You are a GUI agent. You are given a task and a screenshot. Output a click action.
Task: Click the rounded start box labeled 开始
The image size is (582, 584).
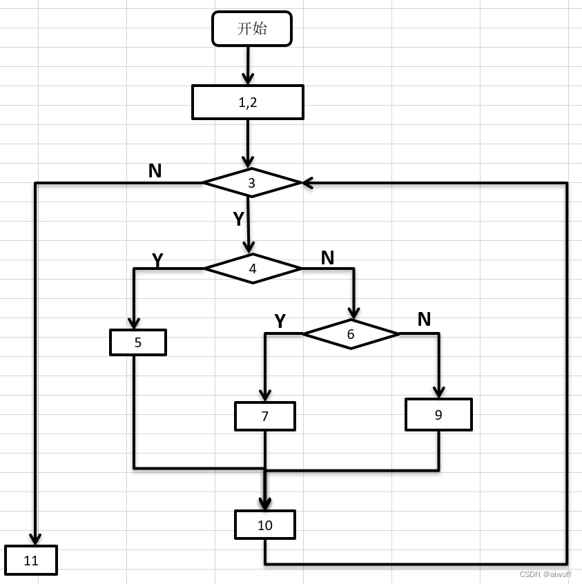252,29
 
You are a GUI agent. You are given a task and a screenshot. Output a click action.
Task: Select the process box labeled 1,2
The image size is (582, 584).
248,102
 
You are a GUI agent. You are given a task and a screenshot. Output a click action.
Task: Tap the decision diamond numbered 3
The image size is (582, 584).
252,183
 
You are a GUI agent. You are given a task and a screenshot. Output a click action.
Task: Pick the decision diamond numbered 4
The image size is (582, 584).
253,269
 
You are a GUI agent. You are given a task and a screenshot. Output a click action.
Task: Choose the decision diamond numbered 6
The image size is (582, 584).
351,334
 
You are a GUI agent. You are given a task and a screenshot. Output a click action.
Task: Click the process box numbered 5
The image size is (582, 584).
138,342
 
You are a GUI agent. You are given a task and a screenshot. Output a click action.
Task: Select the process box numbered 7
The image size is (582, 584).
265,416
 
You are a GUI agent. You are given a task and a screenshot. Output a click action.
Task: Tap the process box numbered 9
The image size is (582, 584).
438,415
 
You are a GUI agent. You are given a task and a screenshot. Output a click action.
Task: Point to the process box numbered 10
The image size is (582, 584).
265,525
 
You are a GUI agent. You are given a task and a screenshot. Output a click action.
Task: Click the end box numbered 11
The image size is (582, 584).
31,561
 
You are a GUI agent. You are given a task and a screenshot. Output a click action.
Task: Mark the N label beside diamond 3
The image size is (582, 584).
155,171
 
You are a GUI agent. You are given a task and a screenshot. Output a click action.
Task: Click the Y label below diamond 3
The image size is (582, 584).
238,219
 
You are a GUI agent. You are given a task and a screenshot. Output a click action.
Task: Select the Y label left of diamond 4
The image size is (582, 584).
157,260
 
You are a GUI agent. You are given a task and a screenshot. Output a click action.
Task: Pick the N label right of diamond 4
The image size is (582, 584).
327,257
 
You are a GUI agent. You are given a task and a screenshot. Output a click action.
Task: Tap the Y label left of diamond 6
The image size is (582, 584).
280,321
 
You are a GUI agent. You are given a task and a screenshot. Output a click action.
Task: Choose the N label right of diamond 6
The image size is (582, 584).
424,319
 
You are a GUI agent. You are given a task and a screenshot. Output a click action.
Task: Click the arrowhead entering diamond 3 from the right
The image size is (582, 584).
307,183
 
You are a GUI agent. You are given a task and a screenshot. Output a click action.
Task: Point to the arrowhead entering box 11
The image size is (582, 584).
35,539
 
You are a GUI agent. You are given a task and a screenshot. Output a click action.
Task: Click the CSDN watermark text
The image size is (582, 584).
545,574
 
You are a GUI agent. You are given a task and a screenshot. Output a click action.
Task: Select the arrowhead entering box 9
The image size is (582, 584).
438,392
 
